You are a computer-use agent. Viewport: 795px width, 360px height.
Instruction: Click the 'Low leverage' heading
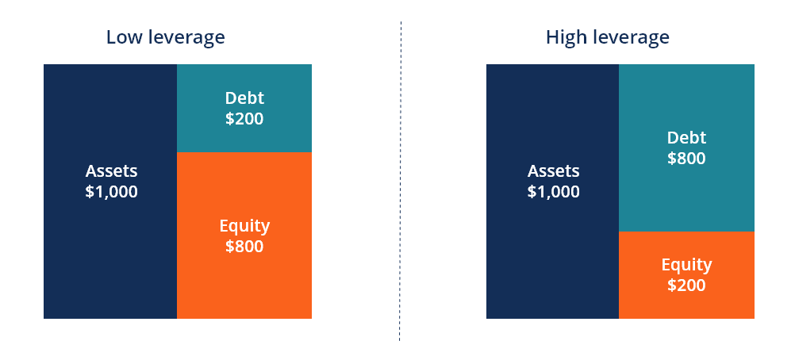coord(165,37)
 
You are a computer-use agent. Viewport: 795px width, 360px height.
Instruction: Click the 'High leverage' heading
coord(607,37)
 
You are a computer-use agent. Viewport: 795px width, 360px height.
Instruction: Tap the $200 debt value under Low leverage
coord(244,120)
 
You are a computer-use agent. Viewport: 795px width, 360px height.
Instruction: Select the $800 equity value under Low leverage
coord(244,247)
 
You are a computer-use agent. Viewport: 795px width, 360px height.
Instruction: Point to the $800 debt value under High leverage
coord(686,158)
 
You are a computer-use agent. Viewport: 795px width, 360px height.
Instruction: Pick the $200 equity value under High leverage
coord(686,285)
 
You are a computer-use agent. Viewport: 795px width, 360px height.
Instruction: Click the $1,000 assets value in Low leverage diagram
coord(111,192)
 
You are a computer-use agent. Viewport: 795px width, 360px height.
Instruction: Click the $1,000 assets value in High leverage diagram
coord(553,192)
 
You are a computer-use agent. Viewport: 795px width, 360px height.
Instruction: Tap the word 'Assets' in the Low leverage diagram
coord(111,171)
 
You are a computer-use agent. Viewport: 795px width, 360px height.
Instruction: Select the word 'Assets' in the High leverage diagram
coord(553,171)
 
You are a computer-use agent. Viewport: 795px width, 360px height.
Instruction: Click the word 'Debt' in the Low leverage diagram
coord(244,98)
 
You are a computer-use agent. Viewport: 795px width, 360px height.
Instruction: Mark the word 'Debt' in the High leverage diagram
coord(686,137)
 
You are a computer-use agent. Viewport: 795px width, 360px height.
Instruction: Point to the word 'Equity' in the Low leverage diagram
coord(244,226)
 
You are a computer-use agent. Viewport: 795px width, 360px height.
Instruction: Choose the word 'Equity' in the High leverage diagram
coord(686,265)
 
